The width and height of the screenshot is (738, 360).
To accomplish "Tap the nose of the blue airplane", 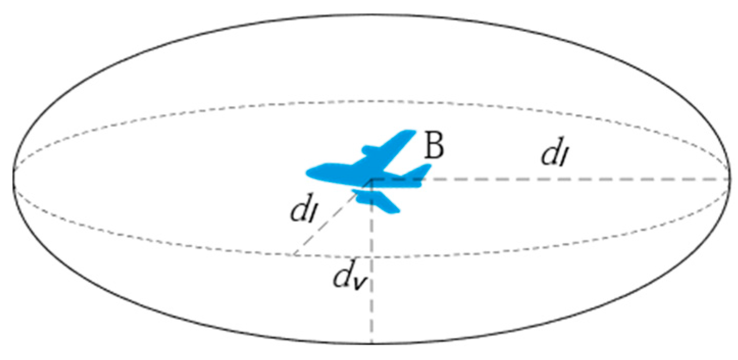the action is tap(308, 173).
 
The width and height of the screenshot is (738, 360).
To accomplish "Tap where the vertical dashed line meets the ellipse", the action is tap(373, 343).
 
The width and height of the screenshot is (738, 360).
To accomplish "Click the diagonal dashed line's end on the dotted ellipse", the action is tap(294, 254).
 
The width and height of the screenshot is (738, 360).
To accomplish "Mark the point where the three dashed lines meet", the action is tap(373, 179).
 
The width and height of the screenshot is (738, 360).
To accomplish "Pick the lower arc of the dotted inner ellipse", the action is tap(459, 254).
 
